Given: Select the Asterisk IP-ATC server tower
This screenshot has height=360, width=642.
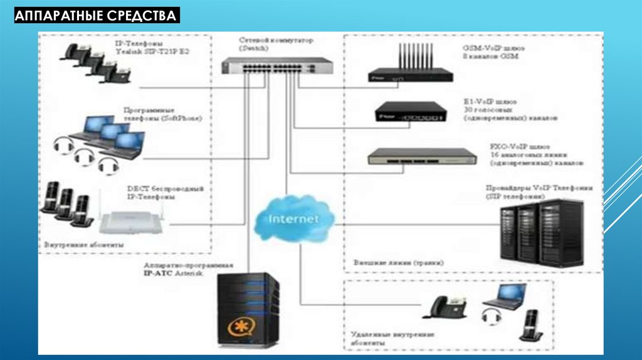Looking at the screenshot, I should click(248, 310).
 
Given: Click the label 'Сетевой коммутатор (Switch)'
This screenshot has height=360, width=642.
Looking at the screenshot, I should click(266, 43).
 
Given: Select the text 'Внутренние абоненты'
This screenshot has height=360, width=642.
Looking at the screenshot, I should click(84, 243).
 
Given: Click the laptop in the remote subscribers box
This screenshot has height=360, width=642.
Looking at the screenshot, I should click(504, 296).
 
